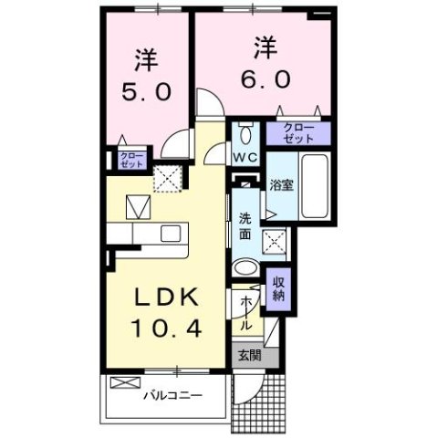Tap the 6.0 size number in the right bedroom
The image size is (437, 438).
(x=265, y=78)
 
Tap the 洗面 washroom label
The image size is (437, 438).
(x=245, y=225)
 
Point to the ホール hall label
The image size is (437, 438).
(x=245, y=310)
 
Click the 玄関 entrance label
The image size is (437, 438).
(x=248, y=356)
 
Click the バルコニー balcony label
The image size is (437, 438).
(x=172, y=396)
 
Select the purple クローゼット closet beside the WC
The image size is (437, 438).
(x=298, y=132)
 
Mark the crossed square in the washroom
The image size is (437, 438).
(x=274, y=242)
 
